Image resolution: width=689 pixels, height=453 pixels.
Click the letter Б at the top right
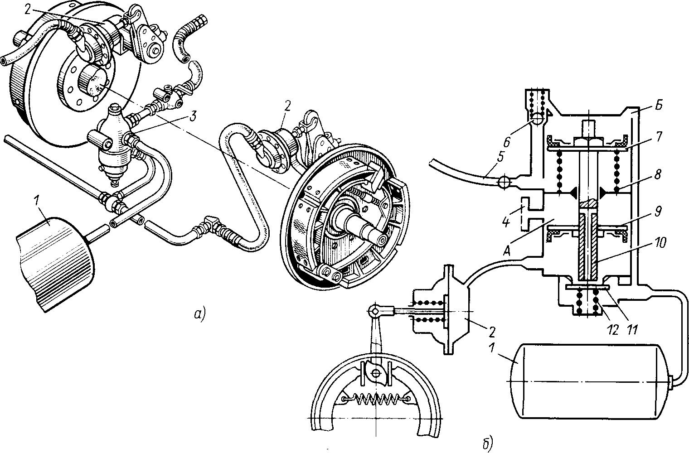pos(658,105)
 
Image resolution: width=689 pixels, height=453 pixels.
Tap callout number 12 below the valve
pos(613,330)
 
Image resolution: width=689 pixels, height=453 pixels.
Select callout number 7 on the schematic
pos(658,137)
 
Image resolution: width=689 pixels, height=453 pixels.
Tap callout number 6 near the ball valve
pos(507,142)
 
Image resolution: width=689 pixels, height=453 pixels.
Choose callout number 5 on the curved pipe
pos(500,157)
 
